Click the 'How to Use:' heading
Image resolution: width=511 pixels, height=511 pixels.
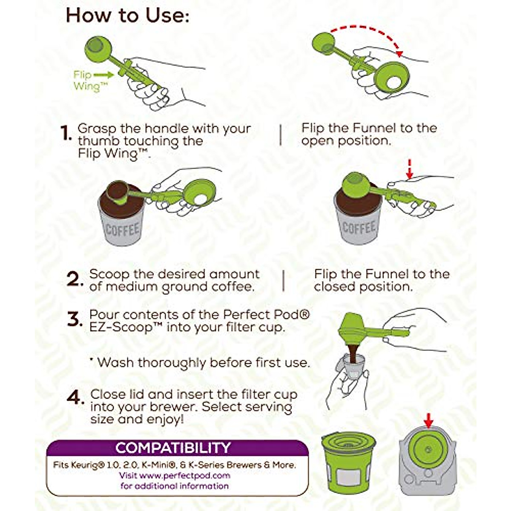point(128,16)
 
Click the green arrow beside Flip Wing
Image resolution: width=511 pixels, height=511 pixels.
point(104,75)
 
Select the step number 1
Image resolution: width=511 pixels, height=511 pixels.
point(66,133)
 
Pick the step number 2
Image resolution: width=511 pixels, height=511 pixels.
point(75,279)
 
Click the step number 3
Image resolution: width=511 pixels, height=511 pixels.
point(75,319)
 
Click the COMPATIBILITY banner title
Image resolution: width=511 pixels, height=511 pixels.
point(173,448)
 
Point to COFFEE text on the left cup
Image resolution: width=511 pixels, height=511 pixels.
point(122,230)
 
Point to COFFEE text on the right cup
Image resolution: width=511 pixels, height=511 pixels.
point(359,227)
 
